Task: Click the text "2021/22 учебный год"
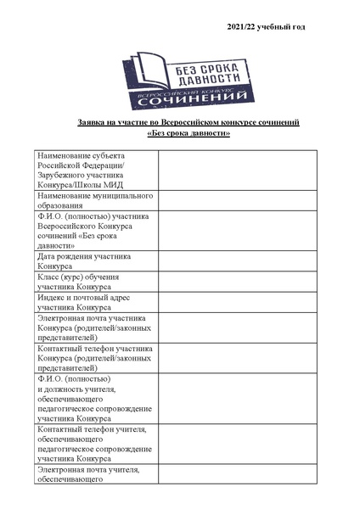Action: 266,28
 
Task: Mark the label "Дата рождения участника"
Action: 87,256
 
